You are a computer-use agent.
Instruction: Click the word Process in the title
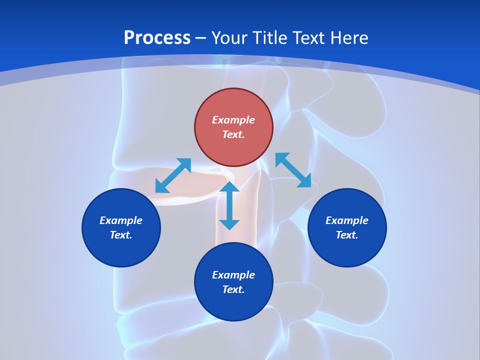(157, 38)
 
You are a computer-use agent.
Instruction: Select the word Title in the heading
(271, 38)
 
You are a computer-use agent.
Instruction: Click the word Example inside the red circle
(233, 120)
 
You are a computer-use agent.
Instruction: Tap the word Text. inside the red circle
(233, 134)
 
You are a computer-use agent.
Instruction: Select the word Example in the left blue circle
(121, 220)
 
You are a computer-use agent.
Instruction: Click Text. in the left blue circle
(121, 235)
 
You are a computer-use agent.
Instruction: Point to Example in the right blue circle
(347, 220)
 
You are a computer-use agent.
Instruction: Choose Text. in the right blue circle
(347, 235)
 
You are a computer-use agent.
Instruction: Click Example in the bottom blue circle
(233, 275)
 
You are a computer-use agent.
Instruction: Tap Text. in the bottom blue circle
(233, 289)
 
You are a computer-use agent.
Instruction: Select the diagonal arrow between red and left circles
(173, 175)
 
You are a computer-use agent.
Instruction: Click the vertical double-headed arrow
(229, 205)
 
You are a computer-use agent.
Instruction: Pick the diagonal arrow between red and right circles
(293, 170)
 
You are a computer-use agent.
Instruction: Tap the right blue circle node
(347, 252)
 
